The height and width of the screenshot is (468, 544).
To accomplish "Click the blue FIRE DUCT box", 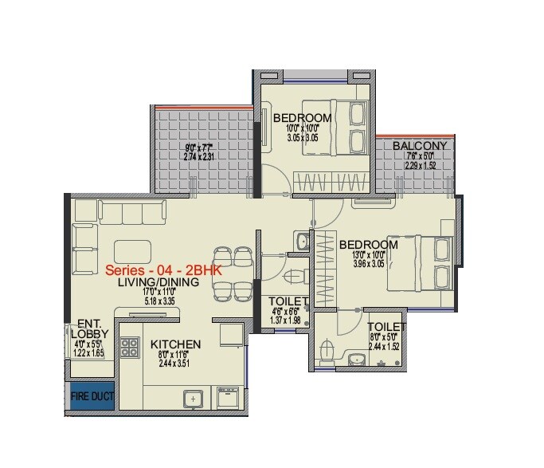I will (91, 396).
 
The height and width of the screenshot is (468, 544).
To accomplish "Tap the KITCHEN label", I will (175, 344).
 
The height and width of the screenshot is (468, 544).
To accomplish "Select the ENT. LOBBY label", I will (88, 330).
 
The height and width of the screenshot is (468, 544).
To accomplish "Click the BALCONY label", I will (420, 147).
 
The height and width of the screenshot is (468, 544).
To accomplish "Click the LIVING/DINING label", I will (153, 283).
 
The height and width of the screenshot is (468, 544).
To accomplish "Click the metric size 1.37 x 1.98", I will (284, 320).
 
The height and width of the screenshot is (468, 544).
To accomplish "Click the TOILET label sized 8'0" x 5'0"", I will (386, 327).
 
